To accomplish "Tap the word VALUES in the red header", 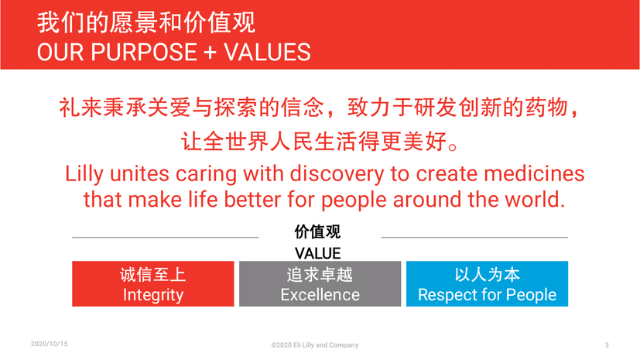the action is [267, 52].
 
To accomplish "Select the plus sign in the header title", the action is [210, 53].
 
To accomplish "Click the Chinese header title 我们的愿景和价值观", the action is [146, 22].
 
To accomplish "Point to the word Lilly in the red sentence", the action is [84, 175].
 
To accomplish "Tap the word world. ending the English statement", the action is [535, 200].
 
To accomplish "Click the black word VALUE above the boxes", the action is [317, 253].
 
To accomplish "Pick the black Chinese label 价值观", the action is [317, 231].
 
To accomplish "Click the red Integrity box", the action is [153, 283].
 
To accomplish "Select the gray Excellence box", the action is [320, 283].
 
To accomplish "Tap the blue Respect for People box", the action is [487, 283].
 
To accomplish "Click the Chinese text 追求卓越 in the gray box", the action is [320, 275].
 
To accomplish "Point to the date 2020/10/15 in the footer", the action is [50, 344].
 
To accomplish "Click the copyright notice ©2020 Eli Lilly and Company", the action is [315, 345].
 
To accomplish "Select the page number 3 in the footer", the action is [607, 345].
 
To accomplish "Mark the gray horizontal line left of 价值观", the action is [166, 237].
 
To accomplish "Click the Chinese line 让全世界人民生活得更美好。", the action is [320, 141].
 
